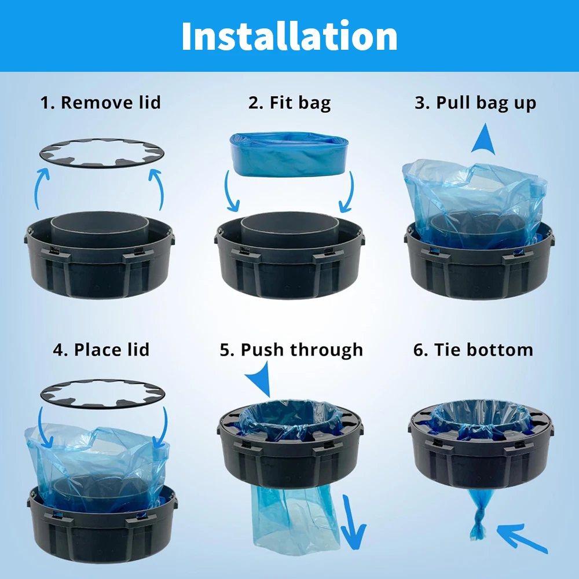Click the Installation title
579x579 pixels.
pyautogui.click(x=289, y=36)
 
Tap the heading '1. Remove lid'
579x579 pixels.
pyautogui.click(x=100, y=102)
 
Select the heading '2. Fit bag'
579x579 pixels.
pyautogui.click(x=289, y=103)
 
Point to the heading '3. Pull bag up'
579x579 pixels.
pyautogui.click(x=475, y=103)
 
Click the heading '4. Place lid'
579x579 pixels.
pyautogui.click(x=101, y=350)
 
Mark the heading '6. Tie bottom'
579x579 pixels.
pyautogui.click(x=473, y=350)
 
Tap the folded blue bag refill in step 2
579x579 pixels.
pyautogui.click(x=289, y=155)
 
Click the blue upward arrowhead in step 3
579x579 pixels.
pyautogui.click(x=484, y=140)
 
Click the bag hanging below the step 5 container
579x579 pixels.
pyautogui.click(x=295, y=519)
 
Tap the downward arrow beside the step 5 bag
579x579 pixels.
pyautogui.click(x=352, y=522)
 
